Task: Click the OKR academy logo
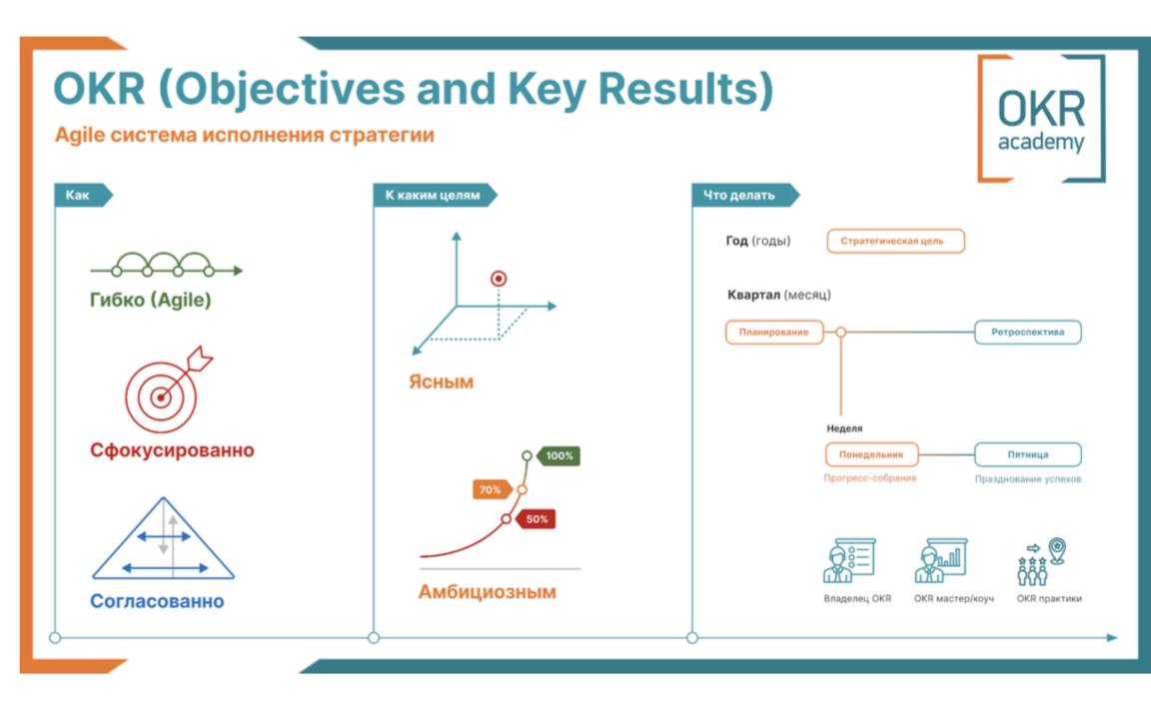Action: [x=1041, y=118]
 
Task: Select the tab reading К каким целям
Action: [x=433, y=196]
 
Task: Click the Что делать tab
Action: [x=742, y=196]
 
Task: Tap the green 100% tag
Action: [x=559, y=455]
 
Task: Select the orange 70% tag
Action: [x=491, y=490]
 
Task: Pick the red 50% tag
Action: [x=536, y=519]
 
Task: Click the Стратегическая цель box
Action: [x=895, y=241]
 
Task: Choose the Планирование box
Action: [x=774, y=332]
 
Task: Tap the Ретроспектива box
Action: [x=1027, y=332]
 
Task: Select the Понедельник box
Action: [x=871, y=454]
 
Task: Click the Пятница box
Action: [x=1027, y=454]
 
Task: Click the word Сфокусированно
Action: [x=172, y=450]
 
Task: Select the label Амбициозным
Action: [x=487, y=591]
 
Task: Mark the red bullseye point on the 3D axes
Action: [x=499, y=279]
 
